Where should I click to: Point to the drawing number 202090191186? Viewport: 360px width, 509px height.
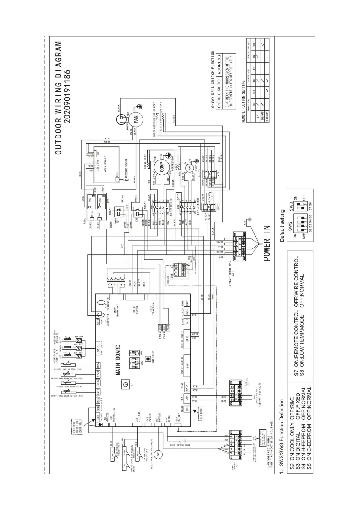68,96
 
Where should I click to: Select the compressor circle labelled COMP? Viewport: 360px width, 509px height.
161,167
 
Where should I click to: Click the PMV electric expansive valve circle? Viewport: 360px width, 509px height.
157,454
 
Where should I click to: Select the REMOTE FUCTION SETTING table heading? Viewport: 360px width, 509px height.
244,101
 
